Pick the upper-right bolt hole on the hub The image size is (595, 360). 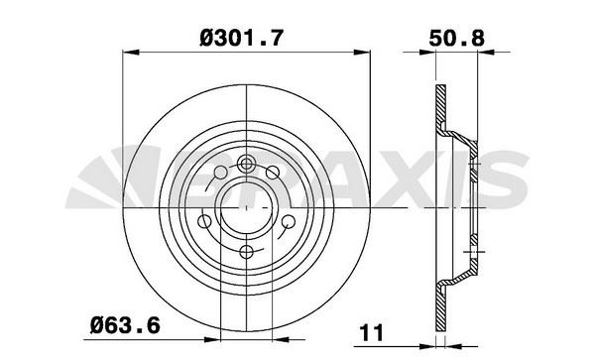pos(275,176)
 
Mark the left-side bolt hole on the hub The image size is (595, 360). pos(205,222)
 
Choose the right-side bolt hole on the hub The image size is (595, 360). pos(285,222)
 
